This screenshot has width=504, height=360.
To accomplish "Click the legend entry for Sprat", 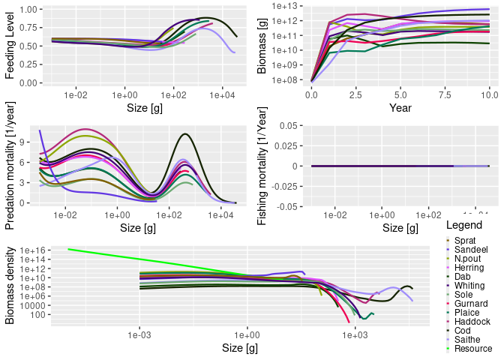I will click(x=464, y=239).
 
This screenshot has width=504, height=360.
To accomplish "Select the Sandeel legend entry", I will click(x=469, y=249).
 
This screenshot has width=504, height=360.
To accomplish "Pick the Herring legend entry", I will click(x=469, y=268).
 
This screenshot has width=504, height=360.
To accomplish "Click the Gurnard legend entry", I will click(x=469, y=304).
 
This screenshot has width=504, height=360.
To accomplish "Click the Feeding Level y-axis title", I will click(x=10, y=46).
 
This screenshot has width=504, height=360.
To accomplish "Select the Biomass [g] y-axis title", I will click(x=262, y=46).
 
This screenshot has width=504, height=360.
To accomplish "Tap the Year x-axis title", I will click(x=400, y=108).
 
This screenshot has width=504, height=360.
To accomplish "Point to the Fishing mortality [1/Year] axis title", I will click(x=262, y=166).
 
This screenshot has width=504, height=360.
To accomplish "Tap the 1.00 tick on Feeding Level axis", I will click(x=29, y=10).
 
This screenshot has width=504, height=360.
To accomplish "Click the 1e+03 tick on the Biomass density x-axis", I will click(x=355, y=337).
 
